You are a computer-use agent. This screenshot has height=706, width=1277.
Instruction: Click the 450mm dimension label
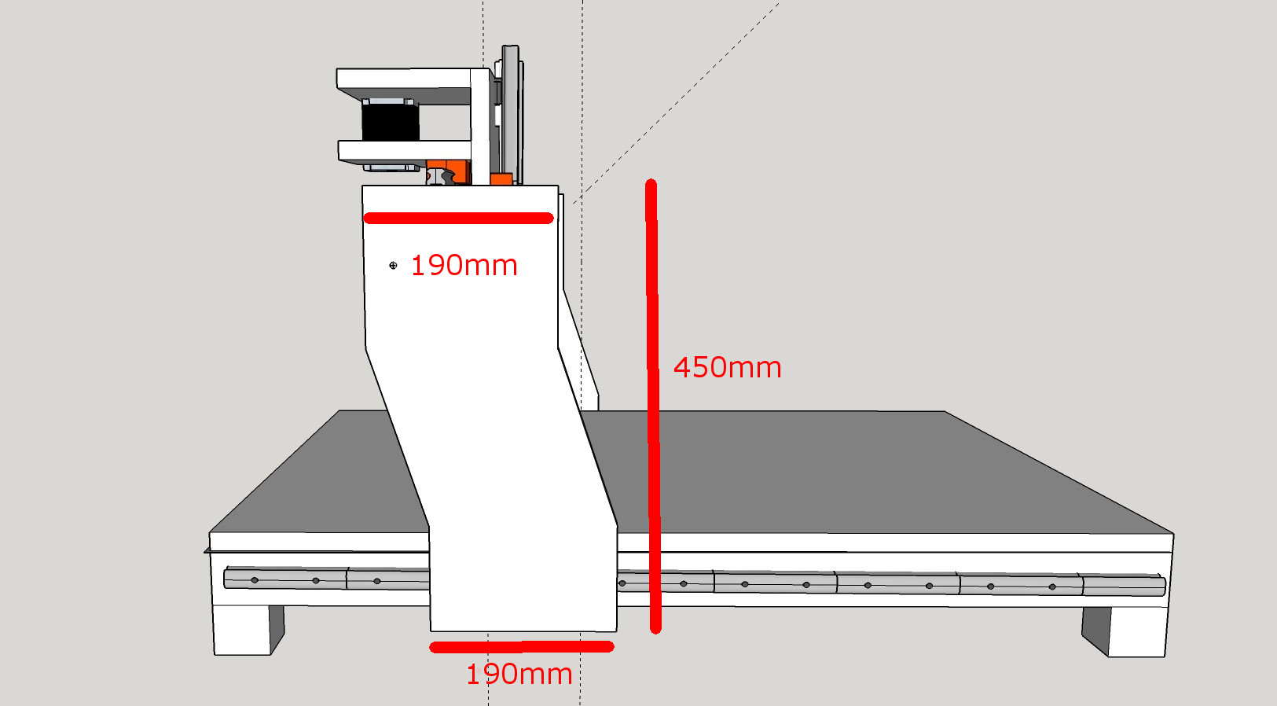[727, 367]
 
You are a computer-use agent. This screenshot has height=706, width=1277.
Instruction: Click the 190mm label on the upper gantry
[464, 266]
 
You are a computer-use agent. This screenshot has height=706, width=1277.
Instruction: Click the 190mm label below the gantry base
[519, 675]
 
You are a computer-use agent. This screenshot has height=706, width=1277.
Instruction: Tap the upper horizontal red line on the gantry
[458, 219]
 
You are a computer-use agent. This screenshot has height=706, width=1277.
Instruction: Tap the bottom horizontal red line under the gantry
[521, 647]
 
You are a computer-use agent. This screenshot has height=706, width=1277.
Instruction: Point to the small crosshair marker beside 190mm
[393, 266]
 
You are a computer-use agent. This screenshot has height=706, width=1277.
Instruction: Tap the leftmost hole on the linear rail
[255, 580]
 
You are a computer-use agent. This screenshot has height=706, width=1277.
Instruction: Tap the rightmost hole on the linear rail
[1052, 586]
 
